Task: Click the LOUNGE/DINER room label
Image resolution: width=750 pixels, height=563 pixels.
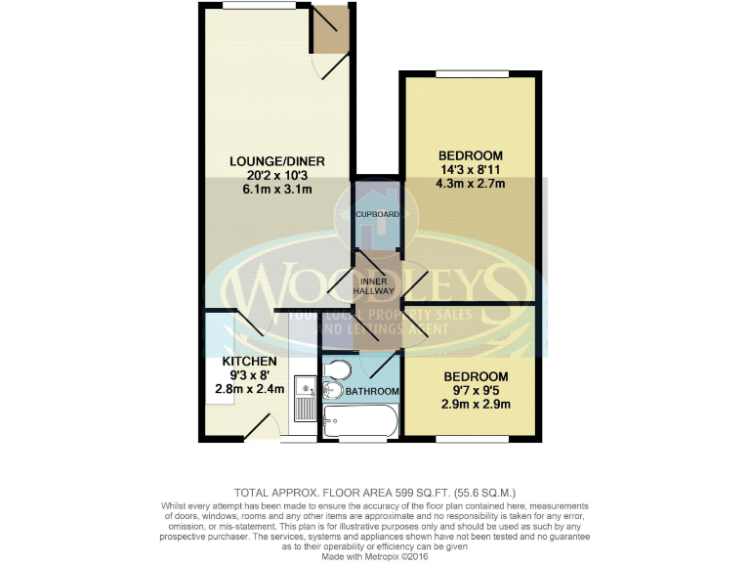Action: point(277,161)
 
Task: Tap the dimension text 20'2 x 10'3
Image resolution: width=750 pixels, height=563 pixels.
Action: point(277,175)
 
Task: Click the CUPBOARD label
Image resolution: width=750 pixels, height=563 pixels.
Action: point(377,213)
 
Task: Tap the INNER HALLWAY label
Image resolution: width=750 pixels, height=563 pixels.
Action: point(376,285)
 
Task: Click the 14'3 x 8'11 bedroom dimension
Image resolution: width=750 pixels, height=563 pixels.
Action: point(471,169)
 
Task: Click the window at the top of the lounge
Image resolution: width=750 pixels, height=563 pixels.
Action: point(259,5)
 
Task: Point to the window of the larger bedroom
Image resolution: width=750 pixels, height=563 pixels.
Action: point(472,73)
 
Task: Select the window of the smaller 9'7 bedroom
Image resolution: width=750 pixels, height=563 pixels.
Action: point(472,440)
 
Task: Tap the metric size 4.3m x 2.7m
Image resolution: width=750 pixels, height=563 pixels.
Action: point(471,183)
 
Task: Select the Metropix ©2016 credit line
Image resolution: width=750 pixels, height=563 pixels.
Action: point(375,555)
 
